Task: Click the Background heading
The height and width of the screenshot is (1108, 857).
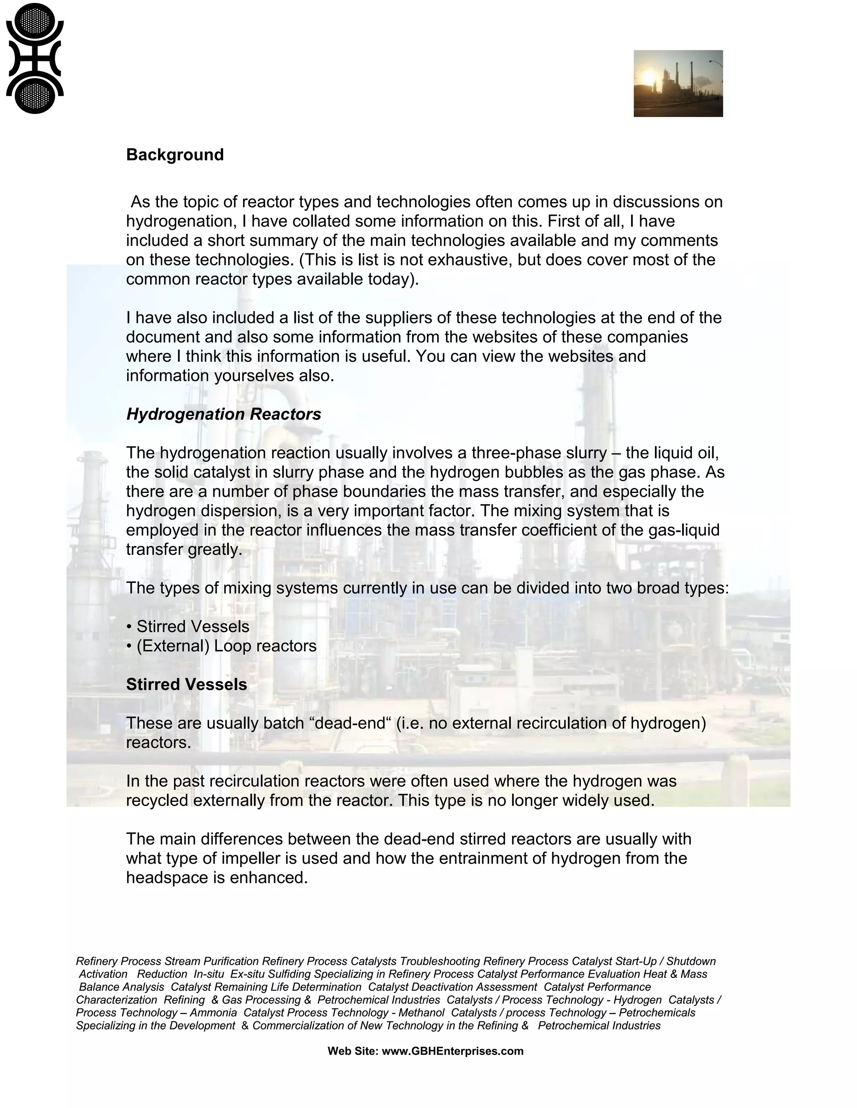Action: tap(174, 155)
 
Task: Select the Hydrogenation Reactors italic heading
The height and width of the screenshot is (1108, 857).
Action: tap(223, 414)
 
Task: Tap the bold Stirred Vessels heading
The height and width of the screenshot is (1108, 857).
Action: tap(186, 684)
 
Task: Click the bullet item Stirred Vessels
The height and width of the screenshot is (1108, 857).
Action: tap(192, 627)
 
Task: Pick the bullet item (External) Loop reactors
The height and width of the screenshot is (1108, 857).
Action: tap(226, 646)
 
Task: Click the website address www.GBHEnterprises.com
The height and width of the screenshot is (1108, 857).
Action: tap(452, 1051)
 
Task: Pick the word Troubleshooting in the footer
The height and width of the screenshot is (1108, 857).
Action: tap(440, 961)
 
